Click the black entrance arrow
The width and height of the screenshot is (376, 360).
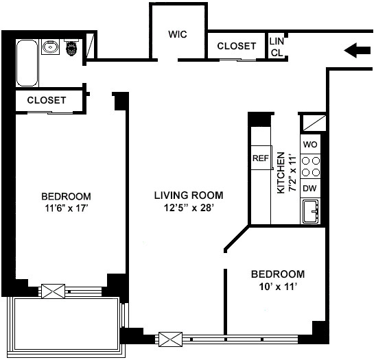pos(357,50)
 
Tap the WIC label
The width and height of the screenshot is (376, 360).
pos(178,34)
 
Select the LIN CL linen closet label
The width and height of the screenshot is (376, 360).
pos(277,47)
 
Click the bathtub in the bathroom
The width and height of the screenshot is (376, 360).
pos(27,63)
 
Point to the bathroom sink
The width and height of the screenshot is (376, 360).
pos(50,47)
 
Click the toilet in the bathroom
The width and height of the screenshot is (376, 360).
pos(71,47)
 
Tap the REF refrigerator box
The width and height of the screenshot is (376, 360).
pos(261,158)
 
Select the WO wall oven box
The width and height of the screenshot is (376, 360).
pos(310,144)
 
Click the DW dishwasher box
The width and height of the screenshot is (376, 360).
pos(310,189)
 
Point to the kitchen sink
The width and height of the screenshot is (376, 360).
pos(311,211)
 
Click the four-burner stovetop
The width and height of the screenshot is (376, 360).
pos(311,167)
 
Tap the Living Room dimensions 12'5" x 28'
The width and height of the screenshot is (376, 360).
pos(189,208)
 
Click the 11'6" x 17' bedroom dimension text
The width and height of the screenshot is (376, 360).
pos(66,208)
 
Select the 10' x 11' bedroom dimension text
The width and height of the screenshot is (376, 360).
pos(278,287)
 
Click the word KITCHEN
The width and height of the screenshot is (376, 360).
pos(281,173)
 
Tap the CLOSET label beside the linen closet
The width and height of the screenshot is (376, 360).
pos(237,46)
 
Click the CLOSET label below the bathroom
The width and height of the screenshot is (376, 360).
pos(47,100)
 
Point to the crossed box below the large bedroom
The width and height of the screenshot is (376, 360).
pos(54,291)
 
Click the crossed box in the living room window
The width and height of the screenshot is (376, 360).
pos(170,339)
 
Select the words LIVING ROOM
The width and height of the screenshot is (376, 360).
pos(189,195)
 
